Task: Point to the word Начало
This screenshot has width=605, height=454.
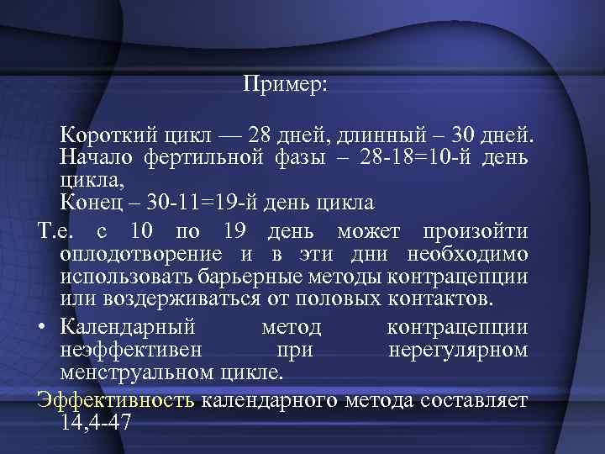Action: (97, 158)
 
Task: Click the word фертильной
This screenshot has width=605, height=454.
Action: (209, 158)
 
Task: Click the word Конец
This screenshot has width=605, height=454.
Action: (90, 203)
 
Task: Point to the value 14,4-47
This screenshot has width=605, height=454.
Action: (95, 422)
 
